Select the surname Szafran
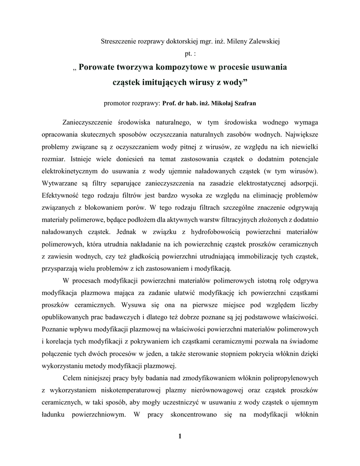click(x=243, y=103)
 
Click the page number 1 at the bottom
click(x=180, y=437)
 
